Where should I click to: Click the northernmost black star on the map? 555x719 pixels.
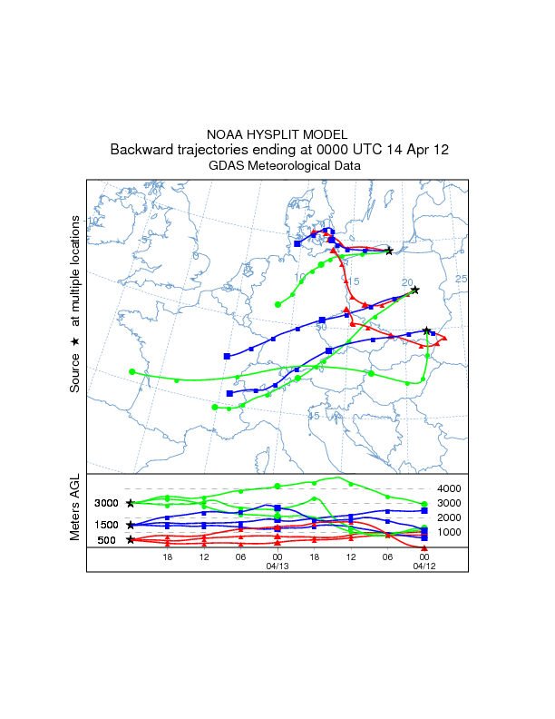coord(389,251)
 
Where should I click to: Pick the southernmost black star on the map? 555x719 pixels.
coord(426,330)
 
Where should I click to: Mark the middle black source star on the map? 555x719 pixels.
coord(415,291)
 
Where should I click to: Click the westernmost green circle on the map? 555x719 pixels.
coord(132,372)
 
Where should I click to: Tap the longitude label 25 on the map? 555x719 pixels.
coord(461,279)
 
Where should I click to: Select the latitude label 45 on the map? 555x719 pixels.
coord(314,416)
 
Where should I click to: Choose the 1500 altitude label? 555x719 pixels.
coord(106,525)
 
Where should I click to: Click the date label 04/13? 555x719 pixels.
coord(277,566)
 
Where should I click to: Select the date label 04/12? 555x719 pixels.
coord(424,566)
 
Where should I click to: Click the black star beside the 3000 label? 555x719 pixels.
coord(131,503)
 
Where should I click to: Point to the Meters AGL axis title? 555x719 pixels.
coord(76,510)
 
